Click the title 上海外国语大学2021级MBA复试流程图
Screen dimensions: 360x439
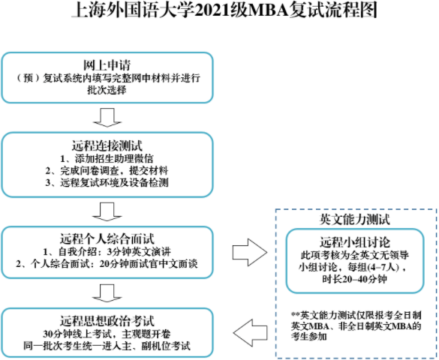pos(218,12)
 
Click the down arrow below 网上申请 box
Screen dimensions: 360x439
pos(107,115)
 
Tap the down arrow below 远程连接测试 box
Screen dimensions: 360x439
pos(107,202)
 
